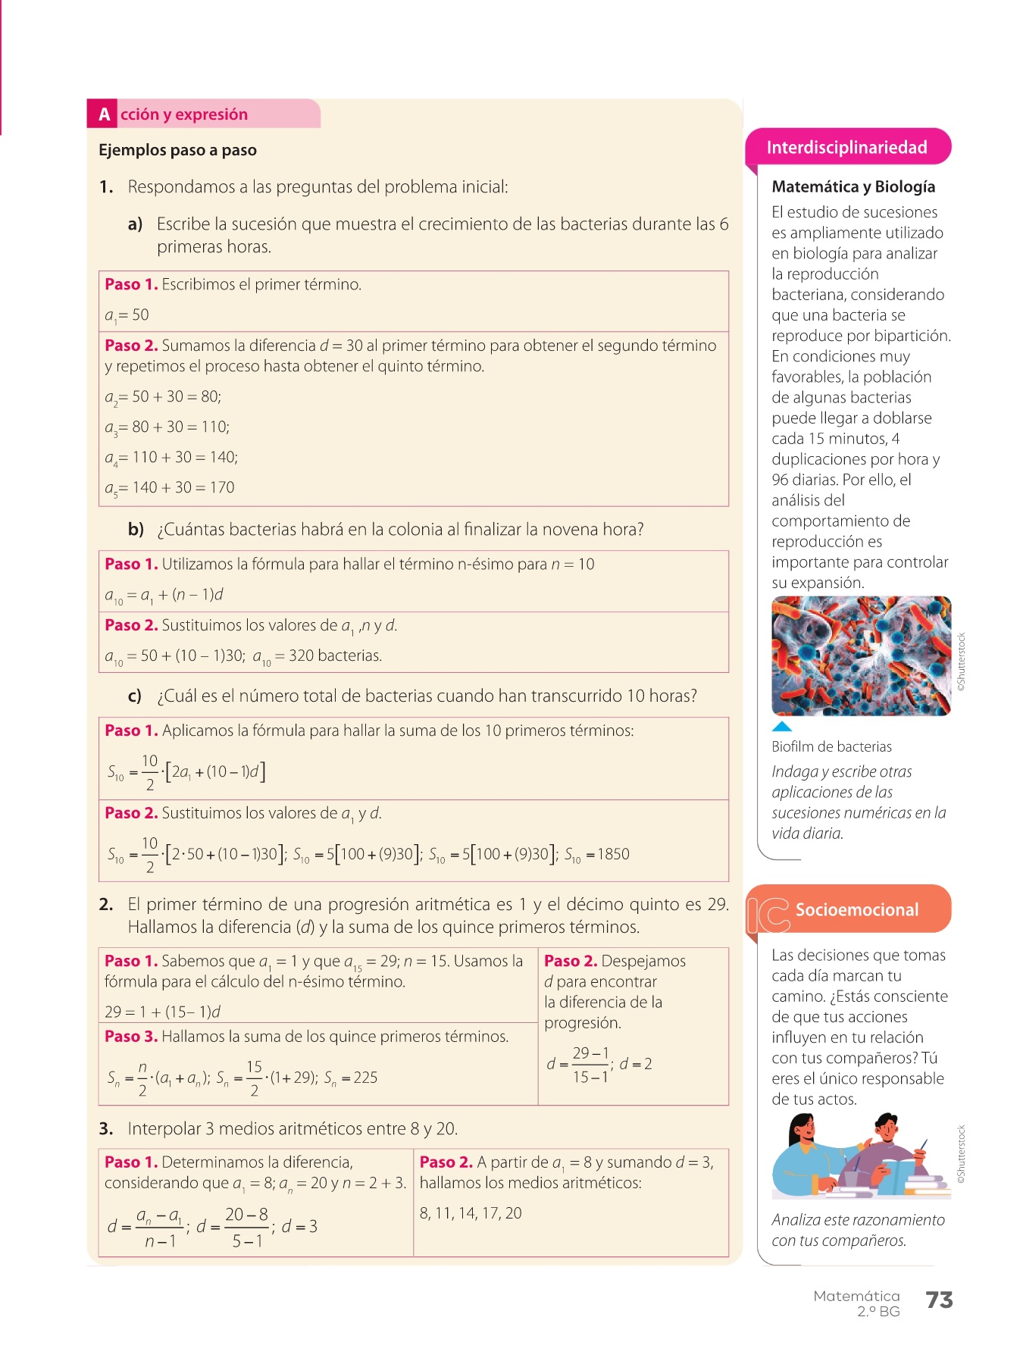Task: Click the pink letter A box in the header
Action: coord(104,114)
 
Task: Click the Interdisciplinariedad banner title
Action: coord(846,147)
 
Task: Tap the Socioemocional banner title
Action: coord(856,909)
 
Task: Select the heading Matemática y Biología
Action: coord(852,186)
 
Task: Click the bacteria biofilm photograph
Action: coord(861,655)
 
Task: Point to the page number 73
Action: coord(939,1300)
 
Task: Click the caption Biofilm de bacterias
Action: coord(831,746)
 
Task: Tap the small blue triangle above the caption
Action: coord(781,726)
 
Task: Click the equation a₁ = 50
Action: coord(127,315)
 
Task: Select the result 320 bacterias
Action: coord(335,656)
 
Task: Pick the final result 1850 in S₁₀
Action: coord(613,854)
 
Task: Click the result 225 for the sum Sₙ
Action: coord(365,1078)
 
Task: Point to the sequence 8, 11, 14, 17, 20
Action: coord(471,1213)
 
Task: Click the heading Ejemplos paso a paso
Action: coord(177,150)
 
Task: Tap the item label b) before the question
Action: coord(136,530)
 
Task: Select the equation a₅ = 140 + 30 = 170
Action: coord(170,488)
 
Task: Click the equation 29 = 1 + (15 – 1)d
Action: coord(162,1012)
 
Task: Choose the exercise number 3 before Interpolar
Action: coord(105,1129)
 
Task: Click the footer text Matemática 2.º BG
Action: coord(857,1303)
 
